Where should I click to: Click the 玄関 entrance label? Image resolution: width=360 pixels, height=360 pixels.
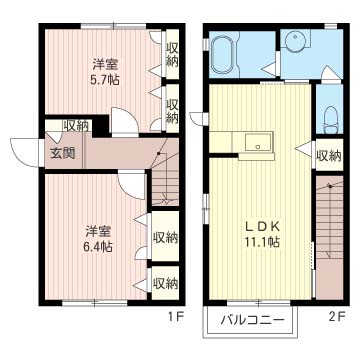point(63,153)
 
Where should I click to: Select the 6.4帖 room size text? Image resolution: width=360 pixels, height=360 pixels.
point(98,247)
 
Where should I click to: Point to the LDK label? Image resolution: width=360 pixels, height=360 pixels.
point(262,227)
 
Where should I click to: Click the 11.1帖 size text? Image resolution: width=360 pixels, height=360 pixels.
point(262,242)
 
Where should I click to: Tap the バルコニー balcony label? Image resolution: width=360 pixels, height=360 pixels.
point(253,321)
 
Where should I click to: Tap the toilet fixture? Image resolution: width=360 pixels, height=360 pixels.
point(331,119)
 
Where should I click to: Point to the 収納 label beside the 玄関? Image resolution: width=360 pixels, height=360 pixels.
point(76,126)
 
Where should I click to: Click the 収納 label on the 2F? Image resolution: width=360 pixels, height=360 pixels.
point(329,155)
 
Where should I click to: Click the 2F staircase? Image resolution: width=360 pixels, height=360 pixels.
point(329,238)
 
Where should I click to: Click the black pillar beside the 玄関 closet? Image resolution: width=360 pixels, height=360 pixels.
point(100,126)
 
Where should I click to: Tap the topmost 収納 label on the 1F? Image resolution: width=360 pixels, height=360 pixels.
point(172,55)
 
